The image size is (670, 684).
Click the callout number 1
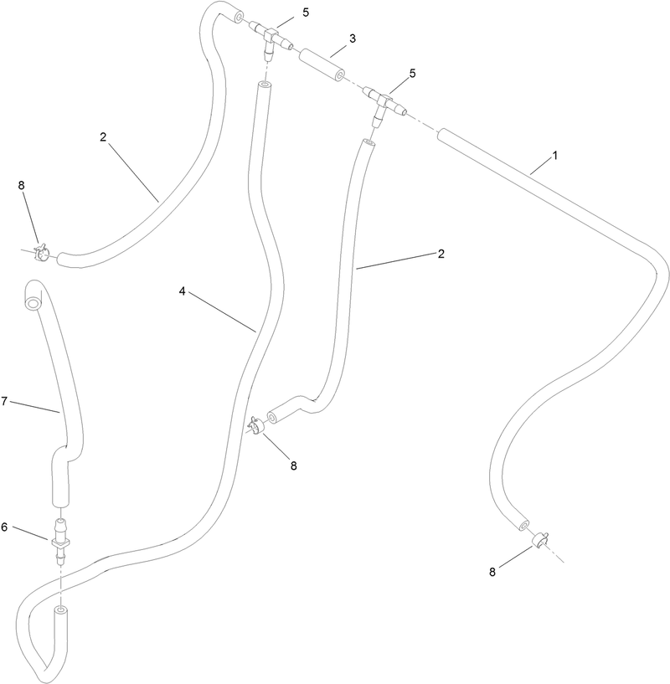tap(555, 155)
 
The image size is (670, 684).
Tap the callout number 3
tap(353, 39)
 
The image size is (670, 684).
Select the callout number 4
tap(182, 291)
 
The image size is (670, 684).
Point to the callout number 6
tap(4, 527)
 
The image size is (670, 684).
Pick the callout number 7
tap(4, 401)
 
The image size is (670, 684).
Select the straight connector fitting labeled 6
tap(60, 542)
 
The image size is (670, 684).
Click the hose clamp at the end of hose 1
tap(539, 540)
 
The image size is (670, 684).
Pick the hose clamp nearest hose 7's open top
tap(42, 253)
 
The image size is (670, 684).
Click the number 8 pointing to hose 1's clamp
tap(492, 573)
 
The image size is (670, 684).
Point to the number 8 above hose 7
tap(21, 185)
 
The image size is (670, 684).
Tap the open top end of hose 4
tap(263, 85)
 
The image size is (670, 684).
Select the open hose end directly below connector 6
tap(60, 609)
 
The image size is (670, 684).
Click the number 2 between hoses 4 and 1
tap(441, 254)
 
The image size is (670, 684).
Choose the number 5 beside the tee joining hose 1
tap(413, 74)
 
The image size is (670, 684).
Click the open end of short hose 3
tap(338, 77)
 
